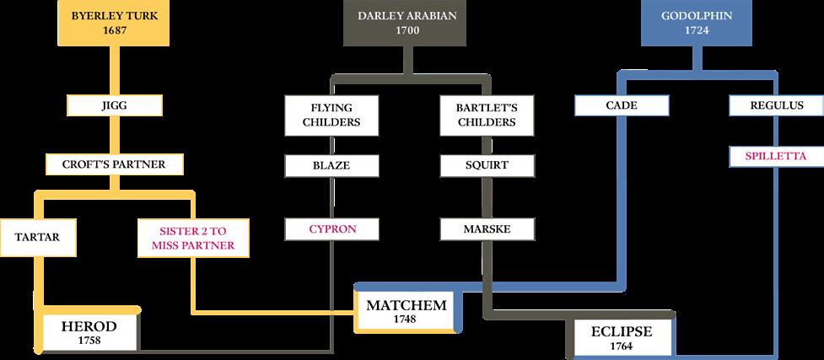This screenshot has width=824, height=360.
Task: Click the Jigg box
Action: click(114, 106)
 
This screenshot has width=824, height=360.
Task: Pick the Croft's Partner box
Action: click(113, 164)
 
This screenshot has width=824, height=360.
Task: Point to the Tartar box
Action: click(37, 237)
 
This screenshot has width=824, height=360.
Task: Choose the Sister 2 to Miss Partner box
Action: click(192, 238)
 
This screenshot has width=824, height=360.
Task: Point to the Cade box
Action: click(622, 106)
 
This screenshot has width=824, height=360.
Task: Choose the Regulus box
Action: click(777, 106)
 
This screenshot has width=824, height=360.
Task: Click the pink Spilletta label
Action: click(777, 156)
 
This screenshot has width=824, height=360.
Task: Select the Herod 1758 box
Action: click(89, 332)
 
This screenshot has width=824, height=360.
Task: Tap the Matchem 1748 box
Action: click(405, 310)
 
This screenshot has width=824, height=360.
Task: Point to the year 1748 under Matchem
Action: click(405, 320)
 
